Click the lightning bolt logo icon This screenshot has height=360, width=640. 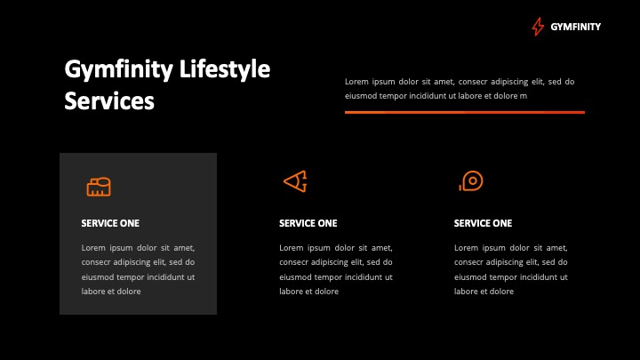[538, 27]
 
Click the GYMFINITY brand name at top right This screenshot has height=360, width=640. [575, 27]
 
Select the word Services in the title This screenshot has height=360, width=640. [109, 101]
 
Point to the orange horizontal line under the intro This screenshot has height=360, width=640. [464, 112]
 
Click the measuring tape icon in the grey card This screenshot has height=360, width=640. [99, 186]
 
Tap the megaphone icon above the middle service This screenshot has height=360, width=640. [295, 181]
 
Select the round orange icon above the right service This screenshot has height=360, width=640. [470, 181]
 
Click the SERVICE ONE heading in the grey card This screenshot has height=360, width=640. [110, 223]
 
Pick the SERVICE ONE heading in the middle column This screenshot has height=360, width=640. [308, 223]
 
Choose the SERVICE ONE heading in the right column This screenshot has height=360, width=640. [483, 223]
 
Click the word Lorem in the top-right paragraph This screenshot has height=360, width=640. [357, 82]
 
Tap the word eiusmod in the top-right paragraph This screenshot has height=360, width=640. [361, 96]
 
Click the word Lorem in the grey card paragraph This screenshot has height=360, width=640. [93, 248]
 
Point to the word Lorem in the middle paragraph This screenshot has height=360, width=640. [292, 248]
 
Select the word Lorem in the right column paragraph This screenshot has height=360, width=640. [467, 248]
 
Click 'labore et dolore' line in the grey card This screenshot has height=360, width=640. [111, 292]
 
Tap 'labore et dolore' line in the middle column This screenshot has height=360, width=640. [308, 292]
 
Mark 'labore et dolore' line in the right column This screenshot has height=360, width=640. [484, 292]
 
